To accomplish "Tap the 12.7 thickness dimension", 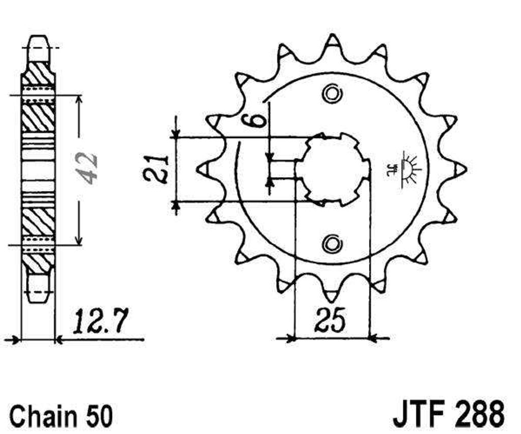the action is (100, 321).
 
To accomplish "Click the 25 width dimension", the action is (330, 320).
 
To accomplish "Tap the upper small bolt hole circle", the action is (332, 94).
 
